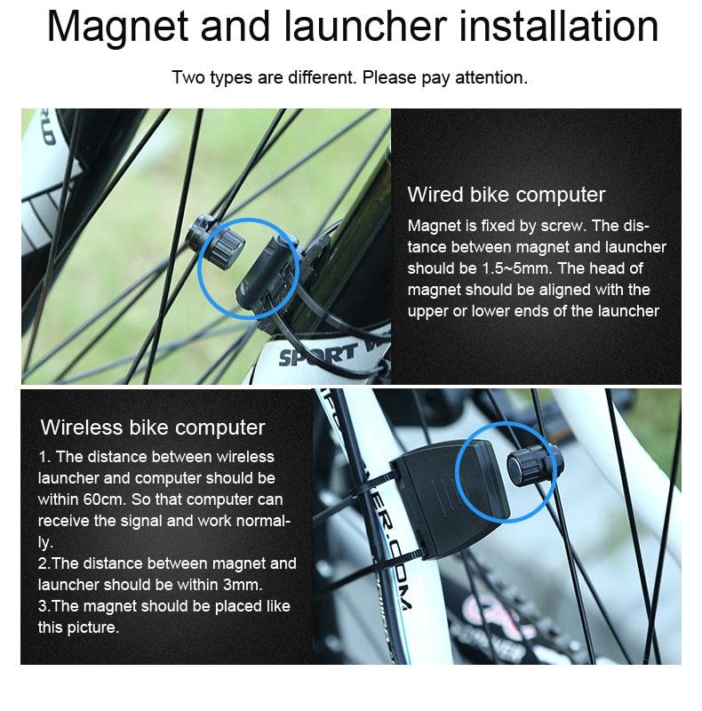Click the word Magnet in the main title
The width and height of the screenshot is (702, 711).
coord(116,27)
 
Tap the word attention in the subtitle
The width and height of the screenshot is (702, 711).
coord(491,77)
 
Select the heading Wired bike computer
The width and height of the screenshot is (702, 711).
coord(506,195)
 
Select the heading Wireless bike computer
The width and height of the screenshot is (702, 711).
coord(153,427)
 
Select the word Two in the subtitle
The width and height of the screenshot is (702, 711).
coord(187,77)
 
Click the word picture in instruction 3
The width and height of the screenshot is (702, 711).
coord(92,627)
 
